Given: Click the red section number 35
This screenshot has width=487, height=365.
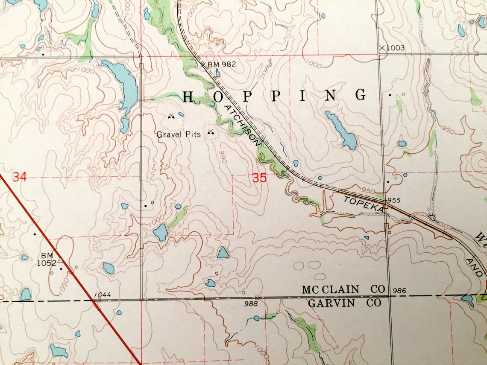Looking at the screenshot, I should click(259, 178).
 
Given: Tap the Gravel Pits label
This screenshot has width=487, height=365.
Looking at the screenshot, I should click(178, 134).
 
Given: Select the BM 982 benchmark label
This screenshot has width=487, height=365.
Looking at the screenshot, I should click(221, 64).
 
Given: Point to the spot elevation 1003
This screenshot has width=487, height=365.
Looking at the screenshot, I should click(394, 48).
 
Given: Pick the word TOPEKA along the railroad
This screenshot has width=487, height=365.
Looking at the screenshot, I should click(363, 204).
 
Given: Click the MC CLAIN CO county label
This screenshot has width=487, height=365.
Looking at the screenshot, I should click(343, 289).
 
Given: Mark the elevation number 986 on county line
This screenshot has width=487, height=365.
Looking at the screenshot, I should click(399, 291).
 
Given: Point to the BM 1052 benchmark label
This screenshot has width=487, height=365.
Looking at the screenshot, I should click(47, 259).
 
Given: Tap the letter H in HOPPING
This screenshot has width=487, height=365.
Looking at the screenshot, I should click(188, 97).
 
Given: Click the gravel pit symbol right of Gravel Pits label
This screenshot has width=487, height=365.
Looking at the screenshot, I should click(210, 132).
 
